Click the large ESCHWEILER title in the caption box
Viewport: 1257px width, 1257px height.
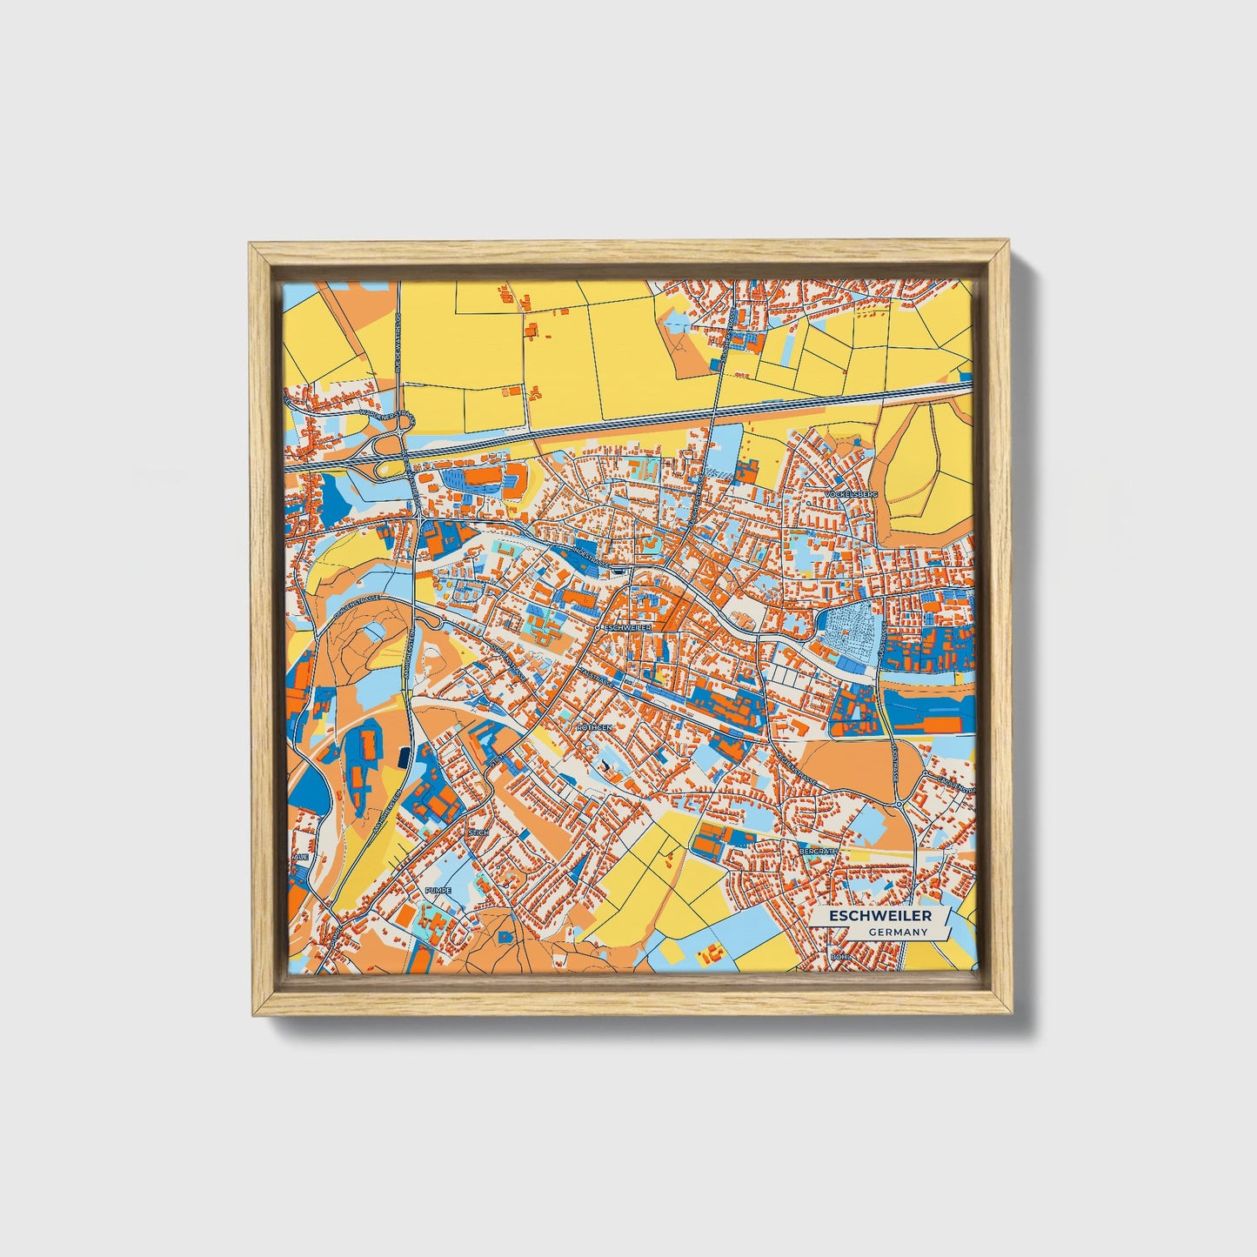pyautogui.click(x=879, y=916)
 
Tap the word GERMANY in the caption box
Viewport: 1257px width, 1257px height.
pyautogui.click(x=897, y=933)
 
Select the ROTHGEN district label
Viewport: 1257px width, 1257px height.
pyautogui.click(x=595, y=725)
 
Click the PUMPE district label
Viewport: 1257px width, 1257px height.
pyautogui.click(x=438, y=891)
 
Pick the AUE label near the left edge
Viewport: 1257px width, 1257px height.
pyautogui.click(x=301, y=857)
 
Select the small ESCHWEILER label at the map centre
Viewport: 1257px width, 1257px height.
pyautogui.click(x=625, y=626)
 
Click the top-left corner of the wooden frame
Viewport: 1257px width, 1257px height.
pyautogui.click(x=251, y=246)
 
